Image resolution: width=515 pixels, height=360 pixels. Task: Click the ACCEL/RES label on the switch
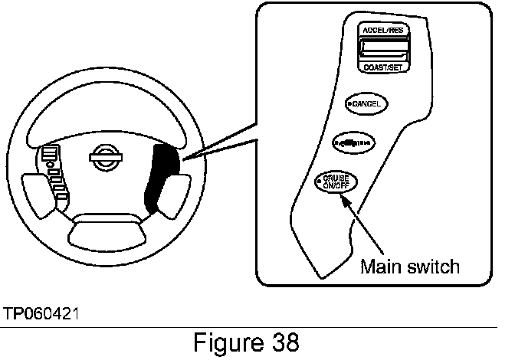[x=384, y=31]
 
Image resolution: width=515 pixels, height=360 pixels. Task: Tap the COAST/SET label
[x=384, y=67]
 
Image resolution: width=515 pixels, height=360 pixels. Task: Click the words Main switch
[x=410, y=266]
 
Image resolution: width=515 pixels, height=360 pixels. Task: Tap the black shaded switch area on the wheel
[x=162, y=176]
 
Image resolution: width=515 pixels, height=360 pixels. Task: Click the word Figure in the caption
[x=226, y=342]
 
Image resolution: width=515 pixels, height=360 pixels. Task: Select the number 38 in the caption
[x=283, y=342]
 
